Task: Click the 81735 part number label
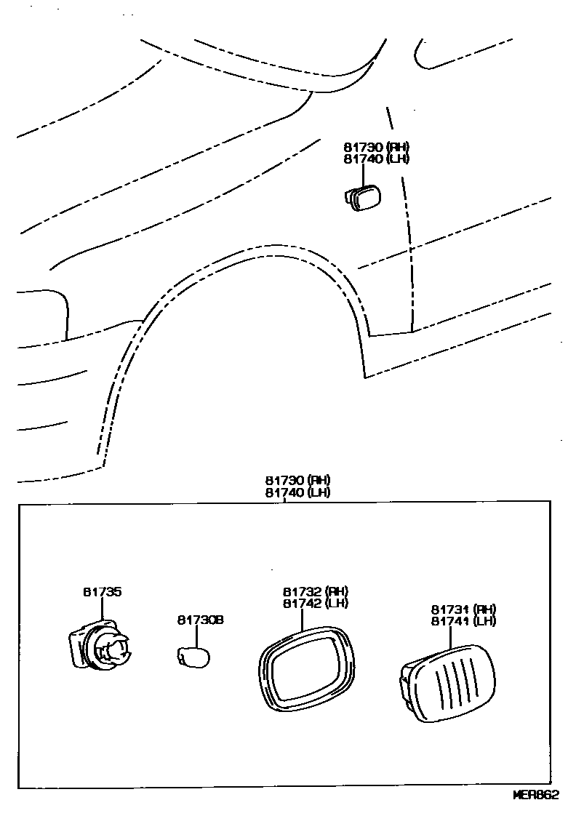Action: [x=102, y=592]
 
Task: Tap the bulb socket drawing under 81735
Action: [x=100, y=646]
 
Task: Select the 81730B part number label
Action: [x=200, y=620]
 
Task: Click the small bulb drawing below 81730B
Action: [x=193, y=656]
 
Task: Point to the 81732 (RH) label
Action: [x=316, y=591]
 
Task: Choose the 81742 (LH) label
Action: [x=316, y=603]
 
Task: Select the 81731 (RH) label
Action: [x=463, y=609]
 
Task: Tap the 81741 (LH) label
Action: [x=463, y=621]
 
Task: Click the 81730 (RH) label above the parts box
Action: [x=297, y=480]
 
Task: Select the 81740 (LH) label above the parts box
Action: [x=297, y=492]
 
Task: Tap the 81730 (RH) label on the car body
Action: [x=376, y=146]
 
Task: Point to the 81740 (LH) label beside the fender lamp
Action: [x=376, y=159]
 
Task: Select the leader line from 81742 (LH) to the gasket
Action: [x=302, y=618]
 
